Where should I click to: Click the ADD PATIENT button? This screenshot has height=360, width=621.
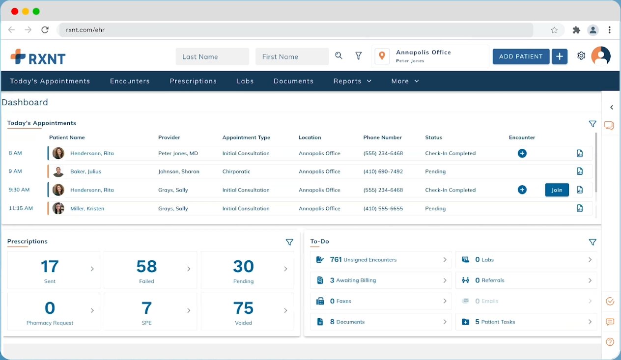click(x=521, y=56)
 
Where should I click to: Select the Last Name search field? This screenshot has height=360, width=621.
click(x=212, y=56)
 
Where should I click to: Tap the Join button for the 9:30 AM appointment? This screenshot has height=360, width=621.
click(x=557, y=190)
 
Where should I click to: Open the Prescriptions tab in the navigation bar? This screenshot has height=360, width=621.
click(x=193, y=81)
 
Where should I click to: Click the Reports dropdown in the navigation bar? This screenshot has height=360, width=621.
click(x=352, y=81)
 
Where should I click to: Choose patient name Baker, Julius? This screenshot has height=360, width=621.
click(x=85, y=172)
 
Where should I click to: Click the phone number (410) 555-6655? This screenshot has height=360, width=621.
click(x=383, y=209)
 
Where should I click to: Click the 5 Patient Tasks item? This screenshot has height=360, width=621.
click(x=526, y=322)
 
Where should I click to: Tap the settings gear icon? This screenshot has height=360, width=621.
click(x=581, y=56)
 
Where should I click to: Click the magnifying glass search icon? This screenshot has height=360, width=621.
click(x=339, y=56)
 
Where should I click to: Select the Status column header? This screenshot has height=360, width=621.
click(x=433, y=138)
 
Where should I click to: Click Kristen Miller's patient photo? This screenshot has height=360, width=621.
click(x=58, y=208)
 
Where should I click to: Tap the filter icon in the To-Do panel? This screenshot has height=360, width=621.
click(x=593, y=242)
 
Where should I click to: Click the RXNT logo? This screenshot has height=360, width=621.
click(x=38, y=57)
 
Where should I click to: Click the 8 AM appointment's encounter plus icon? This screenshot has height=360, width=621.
click(x=522, y=153)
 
